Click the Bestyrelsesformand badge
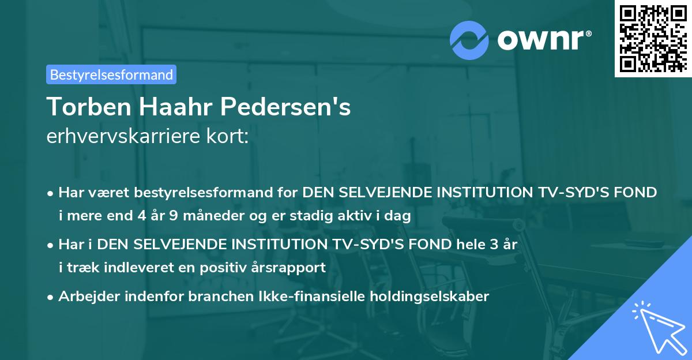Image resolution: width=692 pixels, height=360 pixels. point(111,74)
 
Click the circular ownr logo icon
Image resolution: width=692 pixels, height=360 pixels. point(469,39)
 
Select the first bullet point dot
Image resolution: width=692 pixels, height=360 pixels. point(51,193)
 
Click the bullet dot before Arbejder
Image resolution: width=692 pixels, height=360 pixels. point(51,297)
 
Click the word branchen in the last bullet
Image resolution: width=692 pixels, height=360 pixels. point(209,297)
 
